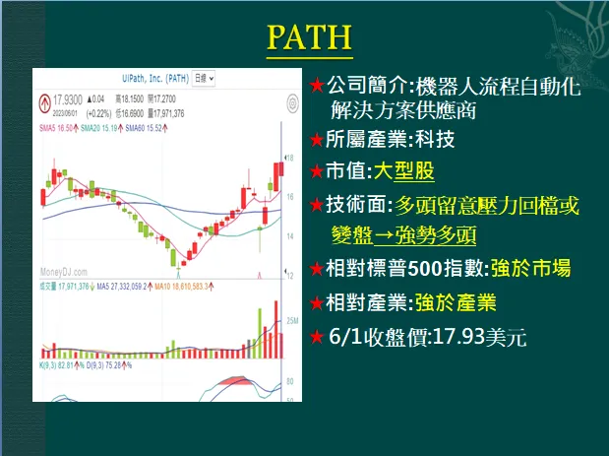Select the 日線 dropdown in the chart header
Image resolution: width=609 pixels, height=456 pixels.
tap(204, 76)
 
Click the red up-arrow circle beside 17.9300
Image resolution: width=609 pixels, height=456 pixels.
tap(44, 100)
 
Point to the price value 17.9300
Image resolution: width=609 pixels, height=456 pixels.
tap(69, 98)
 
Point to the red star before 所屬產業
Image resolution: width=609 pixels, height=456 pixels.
tap(316, 140)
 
